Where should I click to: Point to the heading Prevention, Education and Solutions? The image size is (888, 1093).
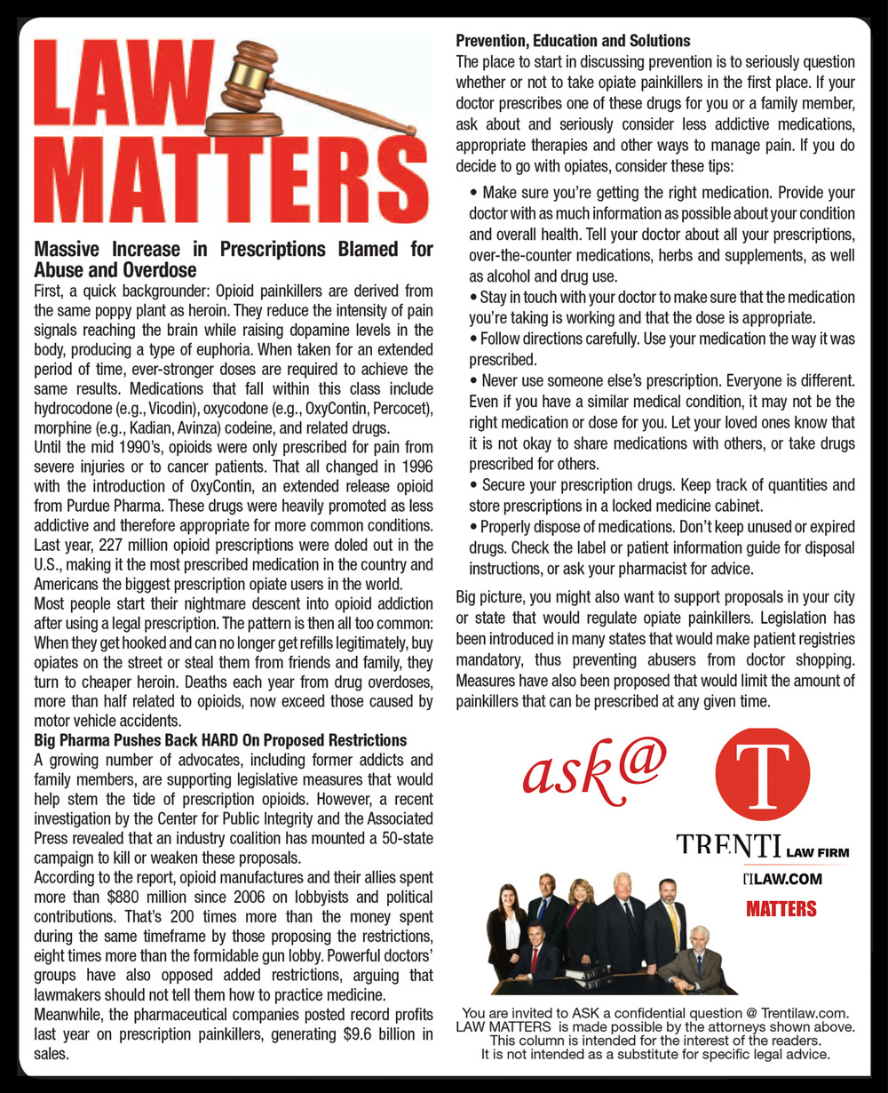coord(573,41)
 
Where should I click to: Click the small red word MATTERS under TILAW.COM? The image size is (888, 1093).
coord(781,909)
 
